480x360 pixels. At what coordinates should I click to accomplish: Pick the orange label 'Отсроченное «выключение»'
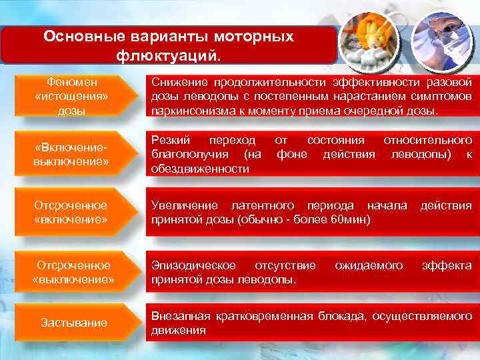73,272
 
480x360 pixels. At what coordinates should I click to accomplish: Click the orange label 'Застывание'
73,323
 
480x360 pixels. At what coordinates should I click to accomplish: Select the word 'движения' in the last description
179,330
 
